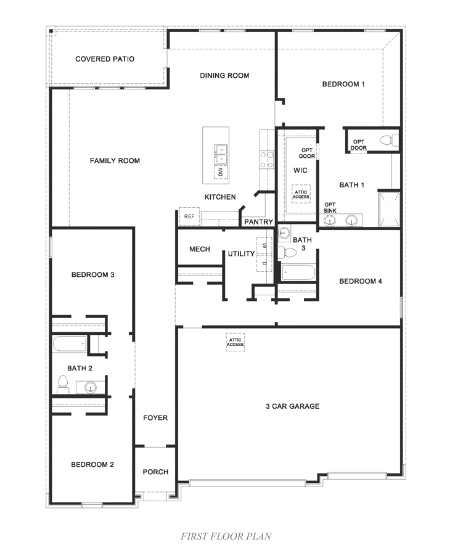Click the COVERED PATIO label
tap(105, 59)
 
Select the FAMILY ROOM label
tap(115, 161)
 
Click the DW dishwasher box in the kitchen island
tap(220, 173)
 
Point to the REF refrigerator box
tap(189, 216)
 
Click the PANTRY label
tap(259, 222)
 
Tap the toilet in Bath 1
tap(388, 140)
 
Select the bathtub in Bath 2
tap(69, 343)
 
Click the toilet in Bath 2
tap(62, 385)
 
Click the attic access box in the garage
tap(235, 342)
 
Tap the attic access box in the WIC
tap(301, 194)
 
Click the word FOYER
tap(155, 418)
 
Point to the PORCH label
tap(155, 472)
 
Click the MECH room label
tap(199, 249)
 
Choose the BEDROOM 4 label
tap(361, 281)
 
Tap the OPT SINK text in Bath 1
tap(330, 208)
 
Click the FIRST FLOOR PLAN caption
tap(226, 536)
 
